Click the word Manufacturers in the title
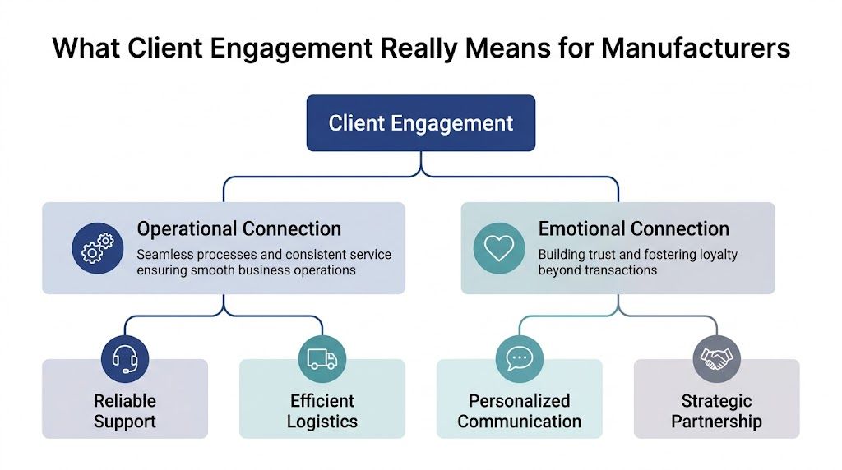pyautogui.click(x=696, y=48)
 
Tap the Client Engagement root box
pyautogui.click(x=420, y=123)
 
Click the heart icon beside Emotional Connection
pyautogui.click(x=498, y=247)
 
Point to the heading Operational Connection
pyautogui.click(x=238, y=229)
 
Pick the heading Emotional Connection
pyautogui.click(x=633, y=229)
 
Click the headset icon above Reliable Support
pyautogui.click(x=125, y=358)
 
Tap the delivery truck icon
pyautogui.click(x=322, y=358)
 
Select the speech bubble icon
pyautogui.click(x=520, y=358)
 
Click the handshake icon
pyautogui.click(x=716, y=358)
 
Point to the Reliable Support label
pyautogui.click(x=125, y=412)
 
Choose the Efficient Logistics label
pyautogui.click(x=322, y=412)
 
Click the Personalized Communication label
pyautogui.click(x=520, y=412)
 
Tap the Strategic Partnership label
pyautogui.click(x=716, y=412)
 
